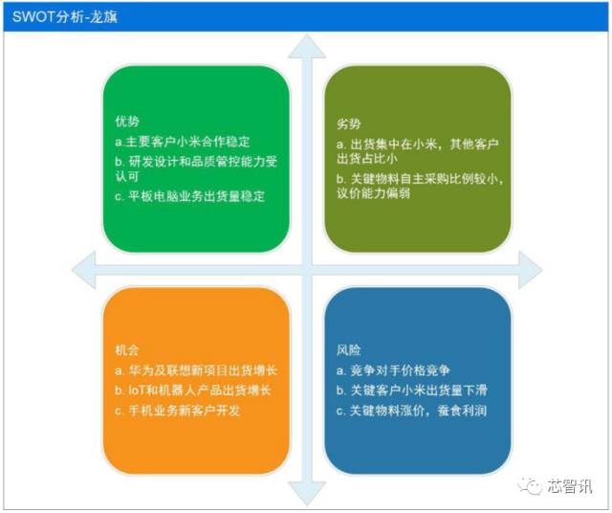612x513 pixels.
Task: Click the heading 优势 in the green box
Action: point(127,122)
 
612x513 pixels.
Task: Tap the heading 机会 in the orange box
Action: point(127,350)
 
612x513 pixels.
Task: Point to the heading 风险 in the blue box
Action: point(348,350)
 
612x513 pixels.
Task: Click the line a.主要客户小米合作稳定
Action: point(183,142)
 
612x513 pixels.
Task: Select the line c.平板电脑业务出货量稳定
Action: point(189,196)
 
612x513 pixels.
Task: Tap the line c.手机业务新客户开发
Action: point(178,411)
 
